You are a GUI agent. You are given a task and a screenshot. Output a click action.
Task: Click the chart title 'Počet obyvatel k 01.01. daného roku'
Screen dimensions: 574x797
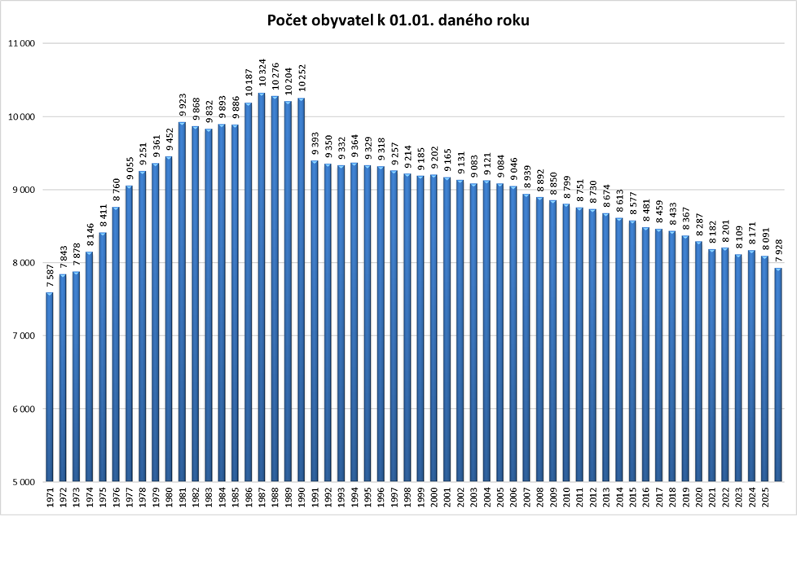click(x=398, y=20)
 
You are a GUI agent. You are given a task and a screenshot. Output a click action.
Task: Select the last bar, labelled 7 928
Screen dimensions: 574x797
click(x=778, y=375)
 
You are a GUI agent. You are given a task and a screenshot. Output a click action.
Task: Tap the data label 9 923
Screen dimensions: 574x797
click(x=183, y=106)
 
